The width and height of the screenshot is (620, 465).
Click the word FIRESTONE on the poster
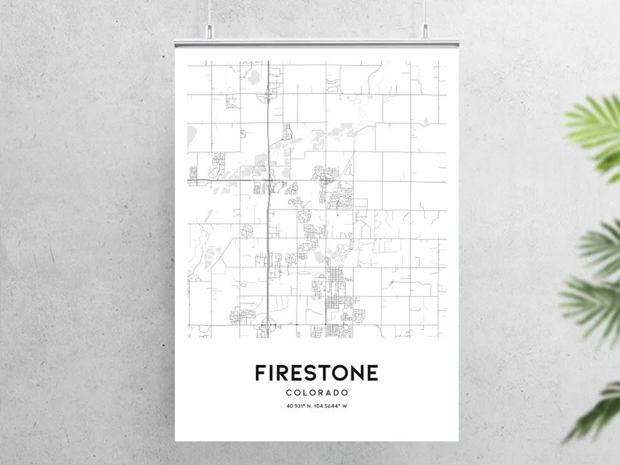pos(316,373)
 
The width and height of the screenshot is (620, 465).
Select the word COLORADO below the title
pos(316,392)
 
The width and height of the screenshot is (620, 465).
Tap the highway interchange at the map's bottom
pos(268,322)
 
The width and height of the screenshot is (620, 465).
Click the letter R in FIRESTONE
pos(285,373)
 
